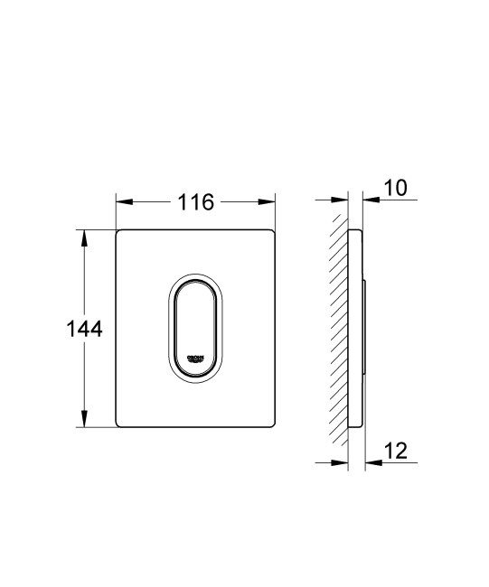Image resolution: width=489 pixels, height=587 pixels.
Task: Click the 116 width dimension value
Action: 195,201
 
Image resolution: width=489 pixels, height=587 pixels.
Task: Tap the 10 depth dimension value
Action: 394,187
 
